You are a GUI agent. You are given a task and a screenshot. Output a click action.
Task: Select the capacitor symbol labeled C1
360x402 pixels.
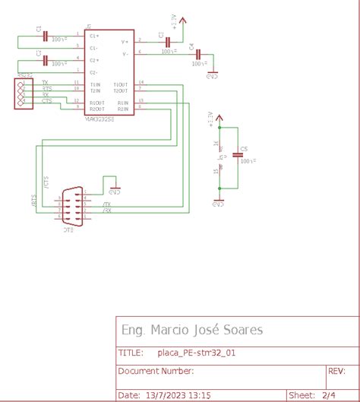pyautogui.click(x=46, y=36)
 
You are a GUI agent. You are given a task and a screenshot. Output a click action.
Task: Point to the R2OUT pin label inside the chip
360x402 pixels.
pyautogui.click(x=97, y=108)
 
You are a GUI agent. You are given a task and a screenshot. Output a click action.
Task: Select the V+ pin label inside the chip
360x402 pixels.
pyautogui.click(x=125, y=41)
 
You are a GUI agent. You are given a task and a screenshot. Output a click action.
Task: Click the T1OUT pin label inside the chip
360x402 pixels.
pyautogui.click(x=121, y=84)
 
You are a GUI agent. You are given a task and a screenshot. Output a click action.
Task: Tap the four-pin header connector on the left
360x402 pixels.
pyautogui.click(x=24, y=93)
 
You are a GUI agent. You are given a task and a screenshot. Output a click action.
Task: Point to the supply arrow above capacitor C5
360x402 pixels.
pyautogui.click(x=219, y=119)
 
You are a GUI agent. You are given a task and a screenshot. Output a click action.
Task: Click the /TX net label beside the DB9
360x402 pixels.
pyautogui.click(x=106, y=204)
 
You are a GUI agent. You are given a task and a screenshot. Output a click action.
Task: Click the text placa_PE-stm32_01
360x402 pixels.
pyautogui.click(x=197, y=353)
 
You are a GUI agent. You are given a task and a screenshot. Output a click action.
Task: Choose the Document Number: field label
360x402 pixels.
pyautogui.click(x=156, y=372)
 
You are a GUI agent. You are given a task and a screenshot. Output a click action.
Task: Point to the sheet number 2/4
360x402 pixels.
pyautogui.click(x=329, y=395)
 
